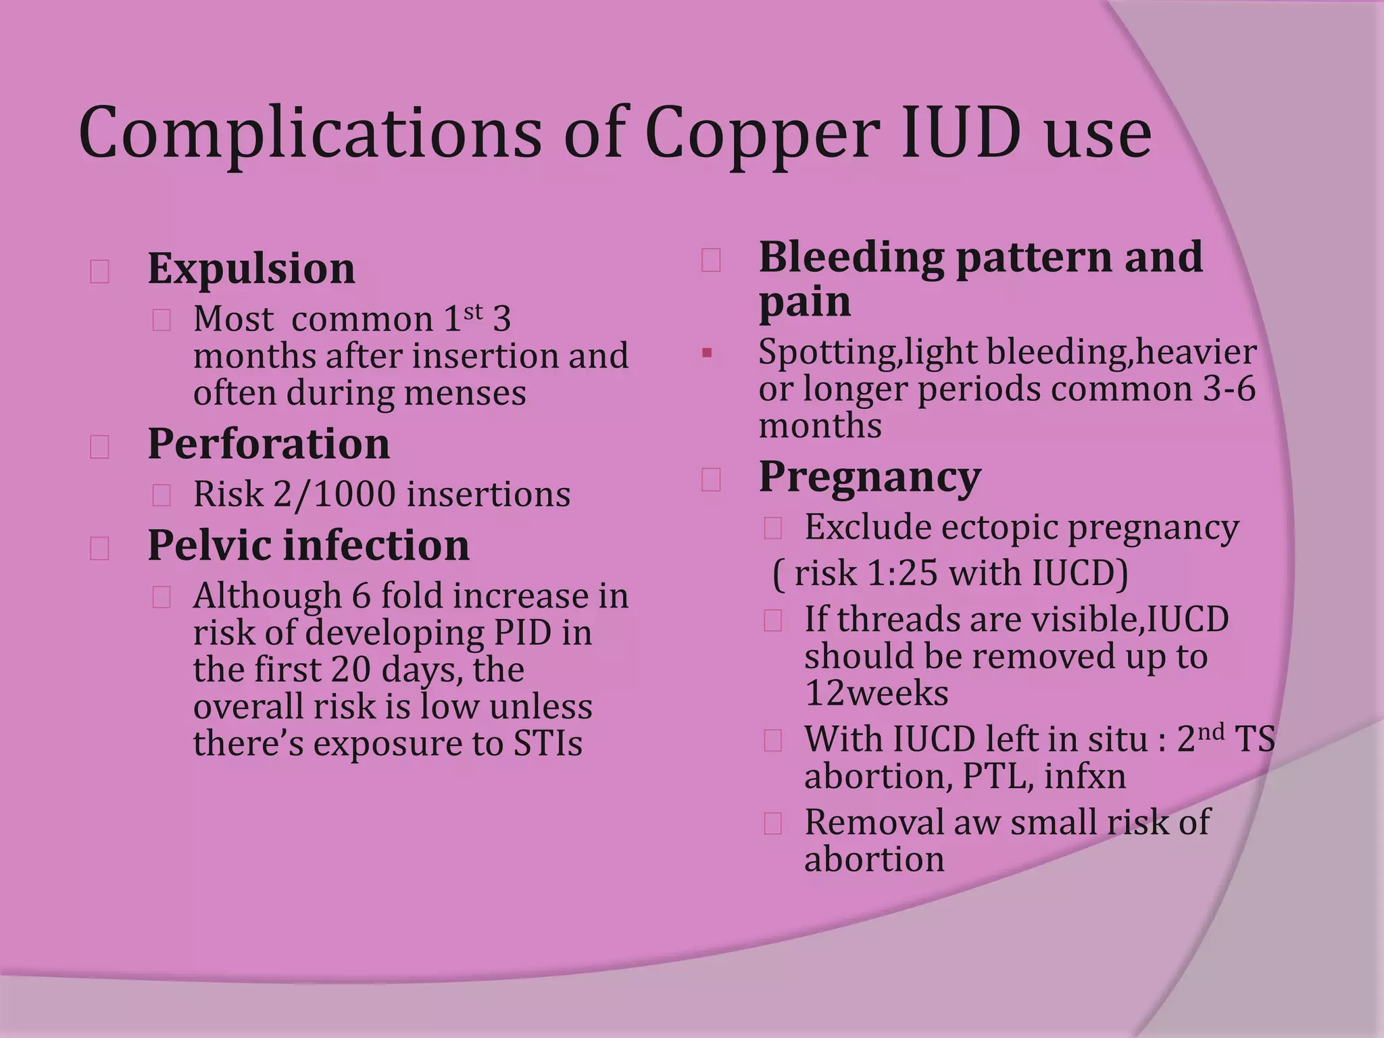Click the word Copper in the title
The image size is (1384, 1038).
point(762,133)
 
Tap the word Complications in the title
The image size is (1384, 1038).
point(310,133)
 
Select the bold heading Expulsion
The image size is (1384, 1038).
point(251,268)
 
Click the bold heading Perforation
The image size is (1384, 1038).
point(269,444)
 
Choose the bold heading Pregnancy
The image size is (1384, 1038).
point(870,478)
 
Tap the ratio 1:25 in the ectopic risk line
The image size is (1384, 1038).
point(902,574)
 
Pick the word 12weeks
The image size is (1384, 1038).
point(876,693)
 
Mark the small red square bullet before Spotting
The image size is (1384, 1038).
point(707,353)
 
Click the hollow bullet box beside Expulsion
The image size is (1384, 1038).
point(100,272)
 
